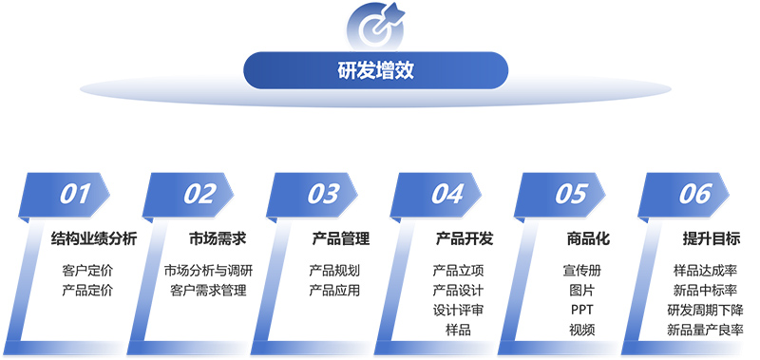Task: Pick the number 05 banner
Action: coord(571,194)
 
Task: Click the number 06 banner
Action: coord(695,194)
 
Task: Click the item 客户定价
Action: coord(87,271)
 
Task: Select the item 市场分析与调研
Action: coord(208,271)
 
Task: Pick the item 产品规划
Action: coord(334,271)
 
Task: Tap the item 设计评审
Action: coord(458,311)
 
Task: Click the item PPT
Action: coord(581,311)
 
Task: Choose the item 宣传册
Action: coord(581,271)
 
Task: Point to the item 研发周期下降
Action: coord(706,311)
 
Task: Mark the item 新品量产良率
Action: coord(706,331)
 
